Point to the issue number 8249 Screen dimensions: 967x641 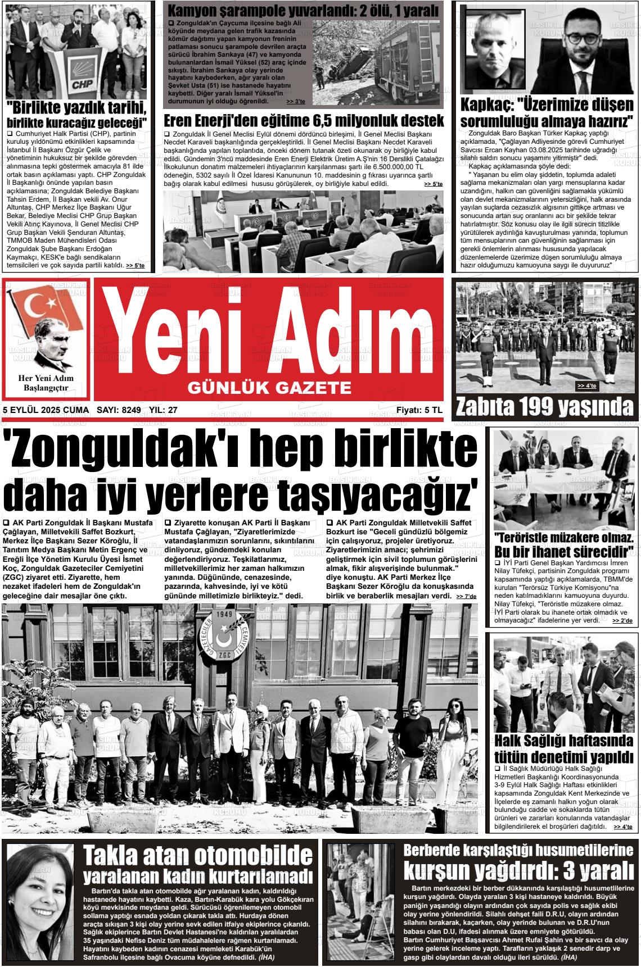pos(131,410)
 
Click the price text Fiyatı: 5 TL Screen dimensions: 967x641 pos(419,410)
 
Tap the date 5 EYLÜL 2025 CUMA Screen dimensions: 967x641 pos(46,410)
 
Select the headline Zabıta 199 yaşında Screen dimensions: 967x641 pos(544,406)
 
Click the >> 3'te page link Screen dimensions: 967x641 pos(295,102)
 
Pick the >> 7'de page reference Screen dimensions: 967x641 pos(466,596)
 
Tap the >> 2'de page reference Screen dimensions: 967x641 pos(622,620)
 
